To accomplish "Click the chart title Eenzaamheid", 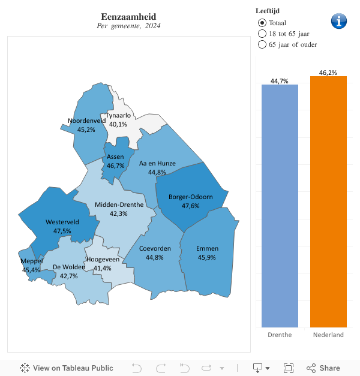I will click(128, 17).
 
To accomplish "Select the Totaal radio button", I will click(262, 23).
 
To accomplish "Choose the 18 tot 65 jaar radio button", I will click(262, 34).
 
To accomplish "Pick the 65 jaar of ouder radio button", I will click(262, 44).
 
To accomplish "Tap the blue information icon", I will click(339, 20).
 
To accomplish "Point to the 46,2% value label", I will click(328, 73).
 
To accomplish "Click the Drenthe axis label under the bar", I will click(280, 335).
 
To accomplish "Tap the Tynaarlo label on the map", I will click(118, 115).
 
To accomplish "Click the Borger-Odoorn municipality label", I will click(191, 197).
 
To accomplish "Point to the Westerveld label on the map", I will click(62, 222).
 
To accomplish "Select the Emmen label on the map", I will click(207, 248).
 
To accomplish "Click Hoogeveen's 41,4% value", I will click(103, 268).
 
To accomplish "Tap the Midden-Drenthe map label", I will click(119, 204).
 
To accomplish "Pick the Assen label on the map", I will click(115, 157).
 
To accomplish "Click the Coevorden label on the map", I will click(155, 248).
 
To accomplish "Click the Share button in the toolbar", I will click(323, 368).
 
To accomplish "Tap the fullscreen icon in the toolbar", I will click(288, 368).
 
